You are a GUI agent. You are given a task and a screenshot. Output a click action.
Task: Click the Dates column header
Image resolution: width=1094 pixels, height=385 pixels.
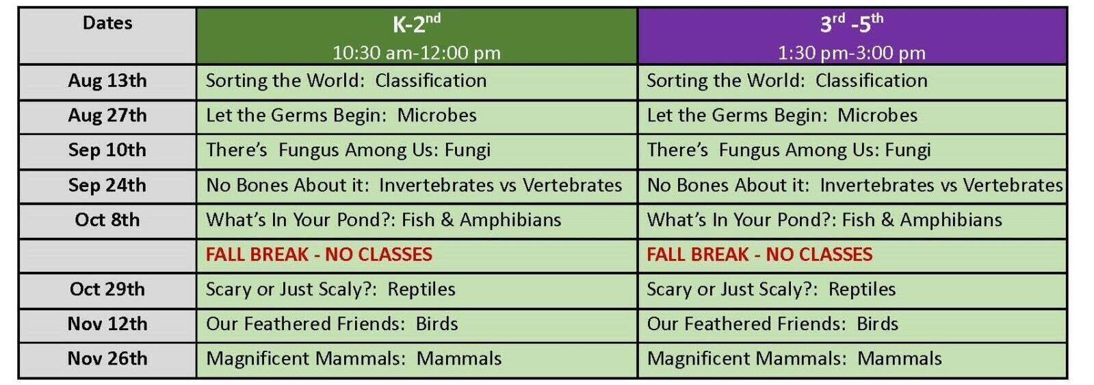click(107, 23)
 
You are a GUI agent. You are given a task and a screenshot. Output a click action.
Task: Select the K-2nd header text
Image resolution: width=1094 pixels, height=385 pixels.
click(417, 23)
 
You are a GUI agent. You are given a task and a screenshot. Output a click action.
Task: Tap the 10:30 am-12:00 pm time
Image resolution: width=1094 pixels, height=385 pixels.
click(417, 53)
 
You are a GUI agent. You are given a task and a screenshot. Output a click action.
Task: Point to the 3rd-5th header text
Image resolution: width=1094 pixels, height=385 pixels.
click(852, 23)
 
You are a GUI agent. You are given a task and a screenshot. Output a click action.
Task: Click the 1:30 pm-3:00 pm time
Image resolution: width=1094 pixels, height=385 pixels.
click(852, 53)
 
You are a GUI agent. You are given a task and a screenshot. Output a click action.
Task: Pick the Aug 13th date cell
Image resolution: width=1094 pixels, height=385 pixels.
click(107, 81)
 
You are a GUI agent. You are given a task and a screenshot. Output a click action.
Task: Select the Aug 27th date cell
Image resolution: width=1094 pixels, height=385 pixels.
click(107, 116)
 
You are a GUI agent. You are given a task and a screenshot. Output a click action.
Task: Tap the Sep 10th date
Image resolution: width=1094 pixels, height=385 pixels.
click(107, 150)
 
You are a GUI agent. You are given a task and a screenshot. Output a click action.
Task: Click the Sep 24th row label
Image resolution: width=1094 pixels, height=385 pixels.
click(107, 186)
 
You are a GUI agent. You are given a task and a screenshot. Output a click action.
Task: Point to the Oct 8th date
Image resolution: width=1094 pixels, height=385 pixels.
click(107, 220)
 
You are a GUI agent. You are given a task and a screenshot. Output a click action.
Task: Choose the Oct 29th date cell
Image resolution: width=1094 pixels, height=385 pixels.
click(107, 290)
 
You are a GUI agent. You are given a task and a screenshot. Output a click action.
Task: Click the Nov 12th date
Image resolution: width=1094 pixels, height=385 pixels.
click(107, 324)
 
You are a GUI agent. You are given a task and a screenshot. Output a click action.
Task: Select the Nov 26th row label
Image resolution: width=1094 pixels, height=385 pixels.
click(107, 358)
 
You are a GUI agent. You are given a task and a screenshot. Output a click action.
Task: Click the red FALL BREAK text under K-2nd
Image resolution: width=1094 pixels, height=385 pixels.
click(319, 254)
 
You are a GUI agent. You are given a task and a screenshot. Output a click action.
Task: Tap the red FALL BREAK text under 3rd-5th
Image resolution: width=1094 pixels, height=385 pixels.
click(759, 254)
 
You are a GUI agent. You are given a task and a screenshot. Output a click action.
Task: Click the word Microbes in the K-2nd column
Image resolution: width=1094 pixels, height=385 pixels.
click(437, 116)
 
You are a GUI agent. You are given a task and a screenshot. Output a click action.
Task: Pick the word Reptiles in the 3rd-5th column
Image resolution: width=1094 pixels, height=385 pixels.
click(862, 290)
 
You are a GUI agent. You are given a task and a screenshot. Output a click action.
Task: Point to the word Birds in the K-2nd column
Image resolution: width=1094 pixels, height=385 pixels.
click(437, 324)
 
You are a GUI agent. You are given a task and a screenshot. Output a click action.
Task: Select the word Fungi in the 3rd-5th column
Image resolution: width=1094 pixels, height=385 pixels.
click(908, 151)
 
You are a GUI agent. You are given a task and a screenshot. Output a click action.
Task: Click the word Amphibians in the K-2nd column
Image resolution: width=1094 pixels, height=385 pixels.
click(510, 220)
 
